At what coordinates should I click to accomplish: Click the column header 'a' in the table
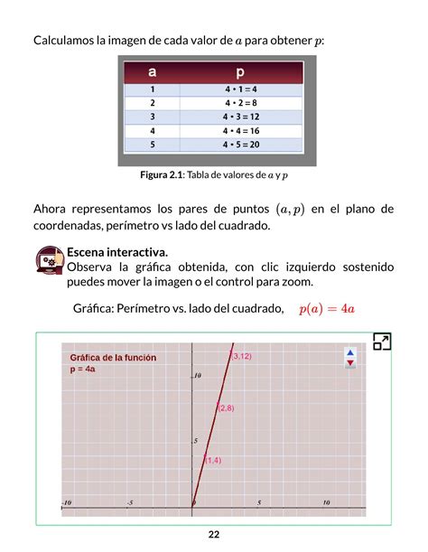pyautogui.click(x=153, y=71)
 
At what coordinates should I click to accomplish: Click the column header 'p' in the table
pyautogui.click(x=240, y=71)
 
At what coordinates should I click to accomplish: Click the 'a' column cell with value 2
pyautogui.click(x=153, y=103)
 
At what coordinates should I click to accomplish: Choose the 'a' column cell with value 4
pyautogui.click(x=153, y=131)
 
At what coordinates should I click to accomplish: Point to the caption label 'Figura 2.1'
pyautogui.click(x=157, y=174)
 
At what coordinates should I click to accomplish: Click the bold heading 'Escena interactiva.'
pyautogui.click(x=117, y=251)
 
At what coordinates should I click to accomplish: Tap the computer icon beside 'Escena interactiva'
pyautogui.click(x=50, y=259)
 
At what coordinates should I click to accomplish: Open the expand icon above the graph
pyautogui.click(x=382, y=342)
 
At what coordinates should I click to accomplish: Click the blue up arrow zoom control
pyautogui.click(x=350, y=353)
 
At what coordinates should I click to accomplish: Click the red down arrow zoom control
pyautogui.click(x=350, y=363)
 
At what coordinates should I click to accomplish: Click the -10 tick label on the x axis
pyautogui.click(x=66, y=502)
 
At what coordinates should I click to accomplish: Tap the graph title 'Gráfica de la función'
pyautogui.click(x=113, y=358)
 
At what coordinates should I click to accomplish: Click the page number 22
pyautogui.click(x=213, y=534)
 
